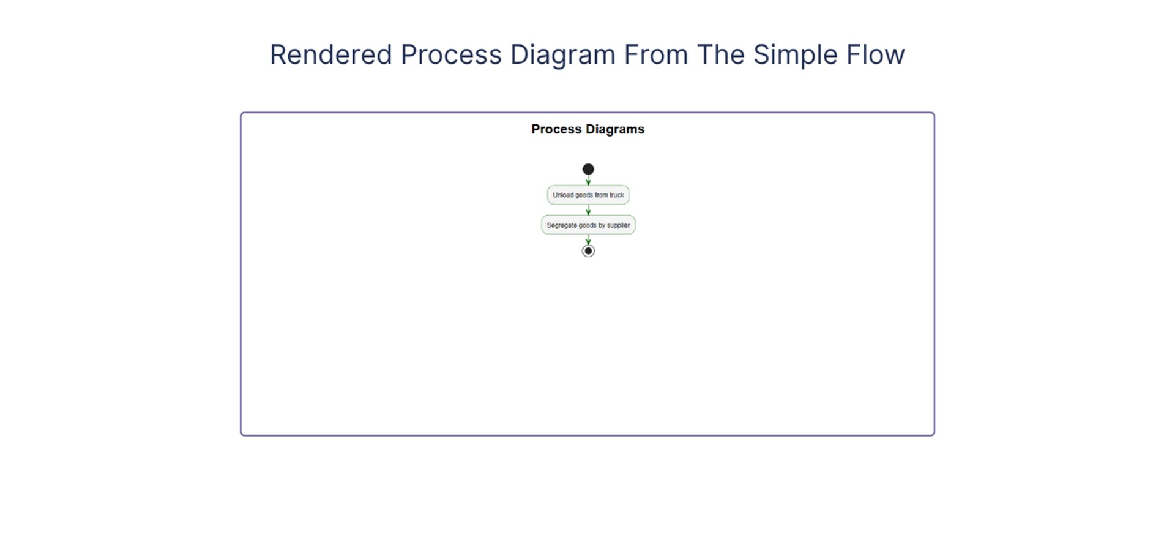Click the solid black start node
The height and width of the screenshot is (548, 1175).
(x=588, y=169)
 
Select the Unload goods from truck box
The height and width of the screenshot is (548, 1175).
(x=588, y=195)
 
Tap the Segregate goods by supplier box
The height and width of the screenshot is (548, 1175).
(x=588, y=225)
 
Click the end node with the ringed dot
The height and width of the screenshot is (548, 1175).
(x=588, y=251)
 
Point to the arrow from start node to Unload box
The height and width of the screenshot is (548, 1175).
(x=588, y=180)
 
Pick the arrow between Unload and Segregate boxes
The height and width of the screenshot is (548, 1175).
(x=588, y=210)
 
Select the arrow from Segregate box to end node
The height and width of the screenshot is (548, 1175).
(x=588, y=239)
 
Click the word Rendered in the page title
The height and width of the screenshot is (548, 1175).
(x=331, y=54)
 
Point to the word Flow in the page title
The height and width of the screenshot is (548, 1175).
(x=876, y=54)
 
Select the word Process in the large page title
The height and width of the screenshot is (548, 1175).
(x=451, y=54)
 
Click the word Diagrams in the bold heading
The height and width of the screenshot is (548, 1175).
(x=615, y=130)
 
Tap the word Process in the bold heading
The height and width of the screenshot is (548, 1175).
(x=556, y=129)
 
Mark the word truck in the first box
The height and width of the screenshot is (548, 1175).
(x=617, y=195)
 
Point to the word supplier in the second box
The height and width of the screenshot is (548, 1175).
(x=618, y=225)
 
